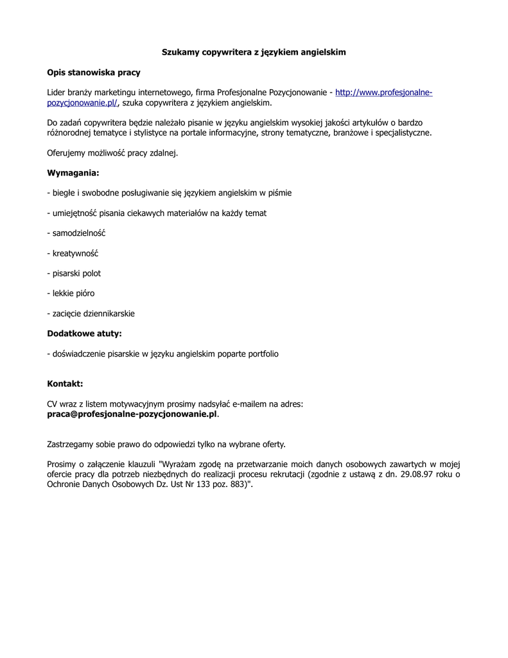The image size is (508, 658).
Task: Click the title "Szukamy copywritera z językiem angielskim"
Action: [x=254, y=52]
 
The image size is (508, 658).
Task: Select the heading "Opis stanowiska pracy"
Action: [x=94, y=73]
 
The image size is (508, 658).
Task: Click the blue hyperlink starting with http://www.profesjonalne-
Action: [x=383, y=93]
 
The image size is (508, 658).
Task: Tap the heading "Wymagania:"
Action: [x=73, y=173]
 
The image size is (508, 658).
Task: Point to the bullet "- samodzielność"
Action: [x=76, y=233]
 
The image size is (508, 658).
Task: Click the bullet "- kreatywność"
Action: [x=73, y=253]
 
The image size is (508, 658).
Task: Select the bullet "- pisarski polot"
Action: [x=74, y=273]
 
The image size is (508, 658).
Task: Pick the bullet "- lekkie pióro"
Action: [x=71, y=293]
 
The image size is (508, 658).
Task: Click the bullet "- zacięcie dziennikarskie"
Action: [x=91, y=314]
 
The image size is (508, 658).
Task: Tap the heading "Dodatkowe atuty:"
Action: [x=84, y=333]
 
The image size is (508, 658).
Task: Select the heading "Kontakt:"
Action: [x=65, y=384]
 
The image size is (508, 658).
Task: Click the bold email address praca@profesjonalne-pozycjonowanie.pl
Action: [x=132, y=414]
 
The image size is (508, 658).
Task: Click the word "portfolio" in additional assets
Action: [x=261, y=353]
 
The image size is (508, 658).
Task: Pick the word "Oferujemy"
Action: [x=67, y=153]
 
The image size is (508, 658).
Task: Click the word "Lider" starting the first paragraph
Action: [x=57, y=93]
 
